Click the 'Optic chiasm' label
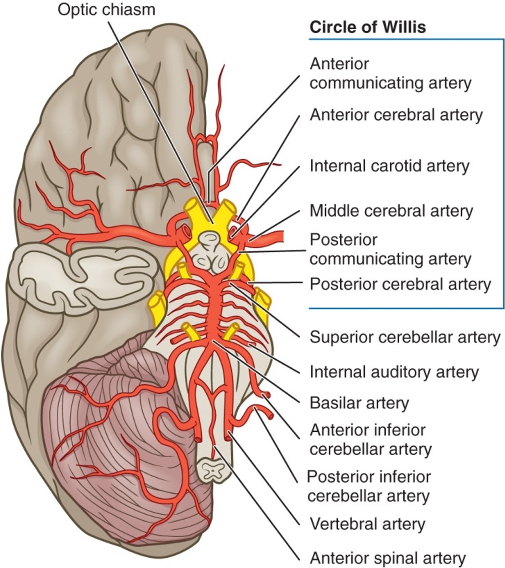106,9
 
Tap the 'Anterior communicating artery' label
390,73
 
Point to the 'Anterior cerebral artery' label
396,115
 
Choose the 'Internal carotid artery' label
389,166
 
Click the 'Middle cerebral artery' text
391,210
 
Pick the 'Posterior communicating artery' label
390,249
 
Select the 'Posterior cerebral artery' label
400,284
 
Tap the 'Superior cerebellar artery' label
405,337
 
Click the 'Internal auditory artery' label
394,371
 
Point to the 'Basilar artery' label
359,403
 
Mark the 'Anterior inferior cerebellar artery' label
370,439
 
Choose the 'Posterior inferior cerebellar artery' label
369,486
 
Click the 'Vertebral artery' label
367,524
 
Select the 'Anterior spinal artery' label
387,557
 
